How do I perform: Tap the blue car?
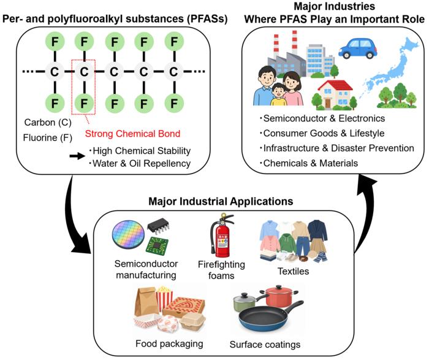click(x=358, y=48)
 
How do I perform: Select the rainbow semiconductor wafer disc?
click(x=129, y=235)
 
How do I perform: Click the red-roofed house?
click(x=335, y=94)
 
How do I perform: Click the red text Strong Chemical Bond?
click(x=133, y=134)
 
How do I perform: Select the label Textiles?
click(x=294, y=271)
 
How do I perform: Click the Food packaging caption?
click(x=169, y=343)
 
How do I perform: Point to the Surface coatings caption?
click(x=265, y=345)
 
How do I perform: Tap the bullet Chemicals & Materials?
click(x=309, y=163)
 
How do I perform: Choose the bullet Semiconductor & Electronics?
click(x=322, y=118)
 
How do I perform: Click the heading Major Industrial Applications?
click(x=221, y=201)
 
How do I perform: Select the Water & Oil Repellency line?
click(x=140, y=163)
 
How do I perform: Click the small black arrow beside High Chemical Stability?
click(x=77, y=156)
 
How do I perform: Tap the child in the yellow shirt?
click(x=278, y=94)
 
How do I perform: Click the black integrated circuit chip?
click(x=158, y=226)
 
